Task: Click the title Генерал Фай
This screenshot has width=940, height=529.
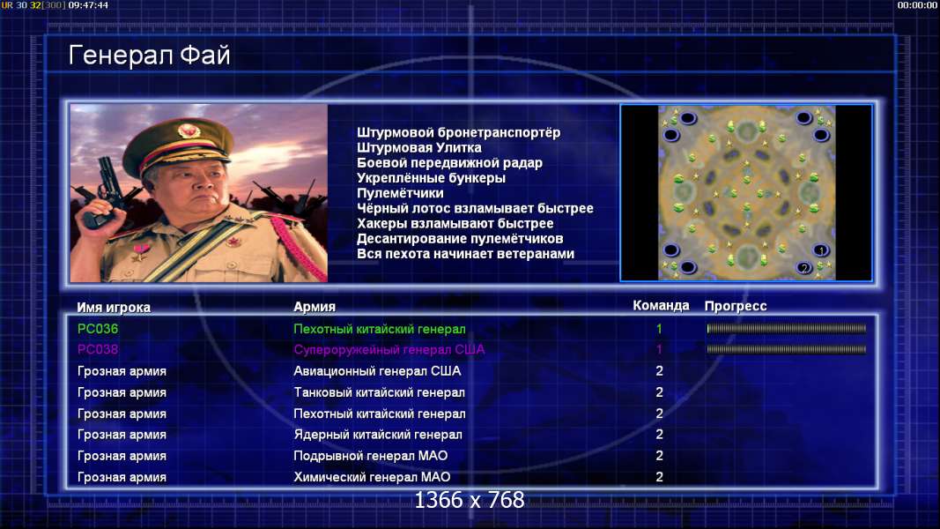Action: (149, 56)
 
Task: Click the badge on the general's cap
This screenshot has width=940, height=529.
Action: (189, 130)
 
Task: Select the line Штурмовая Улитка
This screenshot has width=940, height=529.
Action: (419, 147)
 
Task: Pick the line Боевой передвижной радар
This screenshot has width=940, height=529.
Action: (449, 163)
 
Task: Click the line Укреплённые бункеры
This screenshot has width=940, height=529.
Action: (431, 178)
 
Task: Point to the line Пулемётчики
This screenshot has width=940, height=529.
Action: (401, 193)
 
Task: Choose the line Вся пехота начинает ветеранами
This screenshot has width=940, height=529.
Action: (466, 254)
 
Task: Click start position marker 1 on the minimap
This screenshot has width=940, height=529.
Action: (821, 250)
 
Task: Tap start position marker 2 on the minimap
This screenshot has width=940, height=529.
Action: (804, 267)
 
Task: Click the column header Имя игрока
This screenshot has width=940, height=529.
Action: (114, 307)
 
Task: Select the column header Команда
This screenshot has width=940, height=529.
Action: (661, 306)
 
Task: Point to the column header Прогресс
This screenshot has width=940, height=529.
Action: (736, 306)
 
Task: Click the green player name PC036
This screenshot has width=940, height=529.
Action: (98, 329)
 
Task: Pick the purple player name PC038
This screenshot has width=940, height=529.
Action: (98, 349)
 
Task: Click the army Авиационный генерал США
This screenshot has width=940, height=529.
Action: (377, 371)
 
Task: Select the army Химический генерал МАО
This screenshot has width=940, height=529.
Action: (372, 477)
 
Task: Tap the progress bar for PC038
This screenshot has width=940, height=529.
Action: (787, 349)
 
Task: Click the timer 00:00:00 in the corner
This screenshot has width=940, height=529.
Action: (916, 5)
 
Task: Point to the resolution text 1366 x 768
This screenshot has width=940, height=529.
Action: (470, 500)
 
